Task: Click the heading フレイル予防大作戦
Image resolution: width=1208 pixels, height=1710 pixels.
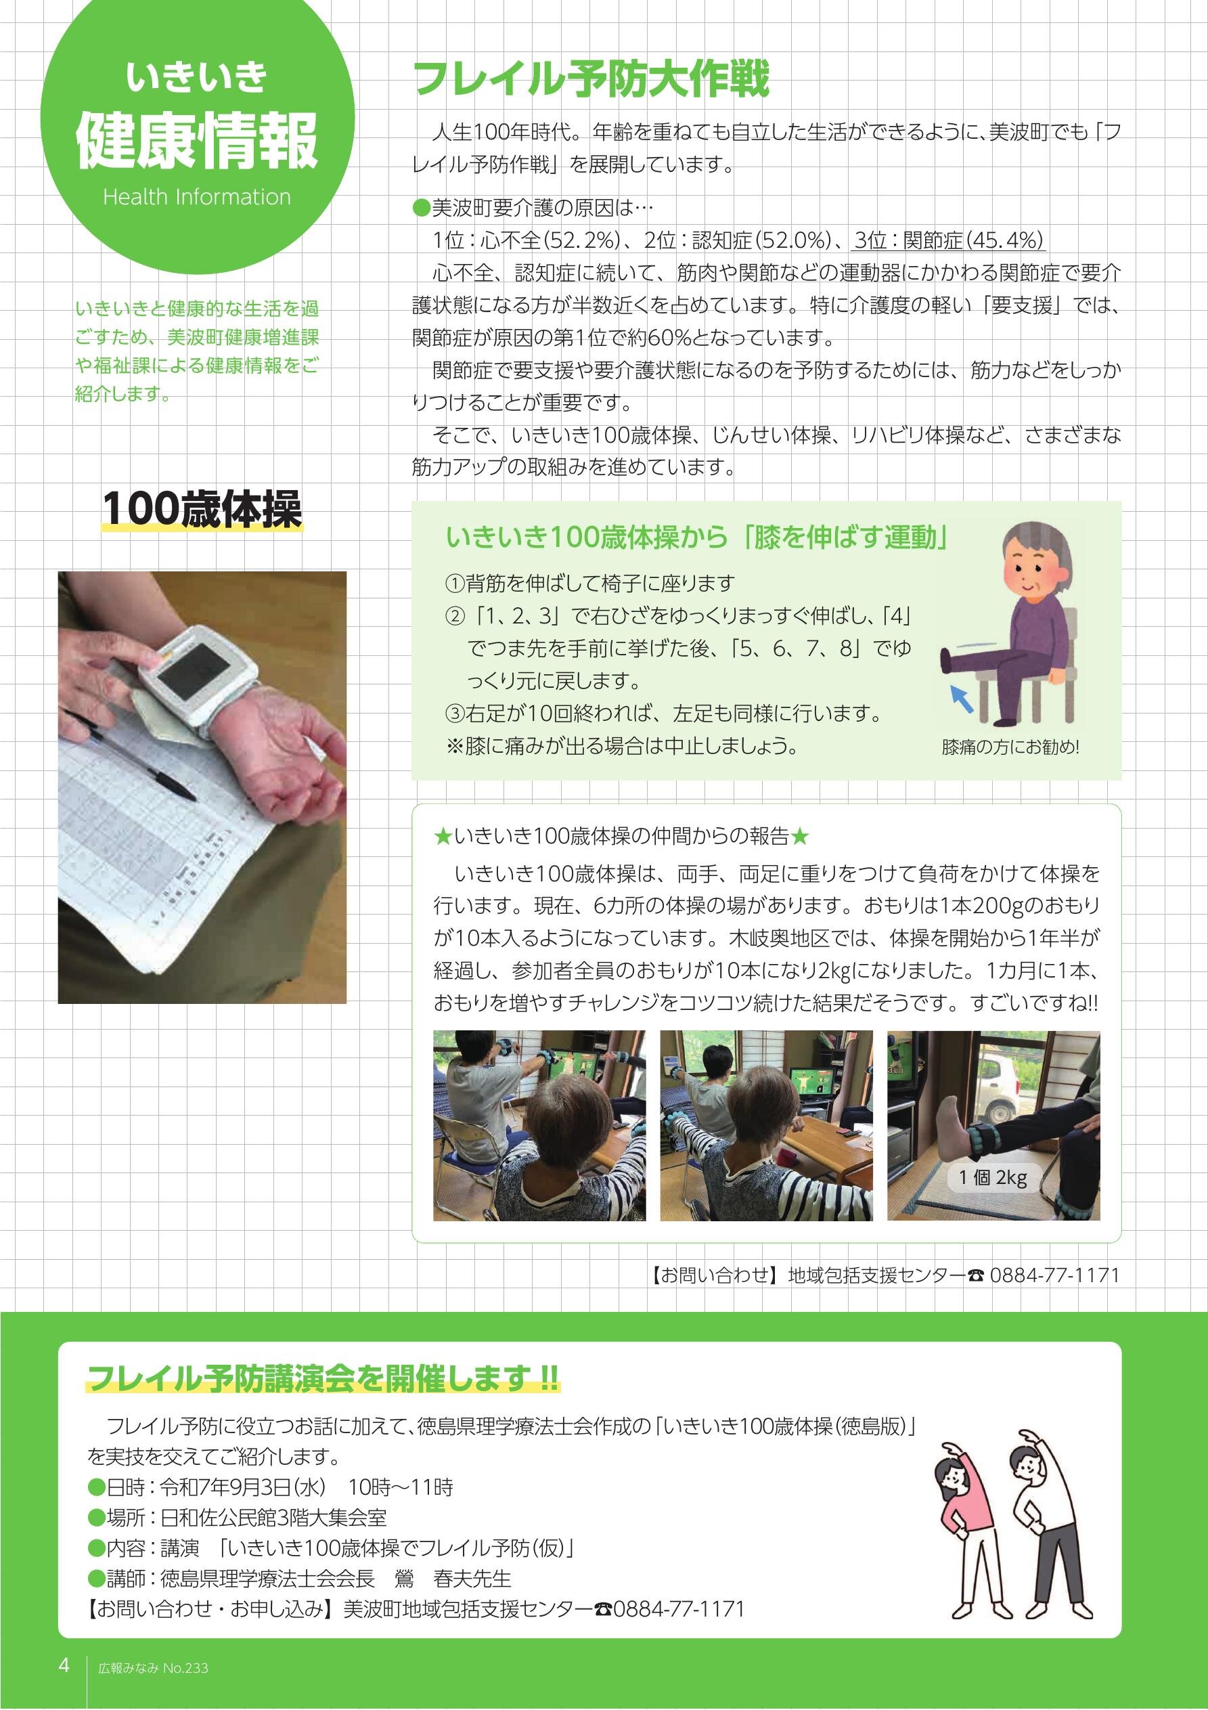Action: coord(591,80)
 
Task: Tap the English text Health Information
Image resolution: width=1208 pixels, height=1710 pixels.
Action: coord(197,198)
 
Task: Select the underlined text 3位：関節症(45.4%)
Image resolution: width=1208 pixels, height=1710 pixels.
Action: coord(949,240)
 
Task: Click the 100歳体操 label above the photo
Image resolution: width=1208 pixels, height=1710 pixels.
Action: coord(202,510)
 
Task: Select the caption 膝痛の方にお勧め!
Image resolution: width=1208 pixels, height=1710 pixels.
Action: coord(1010,747)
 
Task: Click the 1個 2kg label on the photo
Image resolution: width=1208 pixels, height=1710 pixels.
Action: coord(993,1177)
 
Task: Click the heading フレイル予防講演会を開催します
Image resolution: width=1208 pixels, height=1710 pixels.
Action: coord(323,1378)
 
